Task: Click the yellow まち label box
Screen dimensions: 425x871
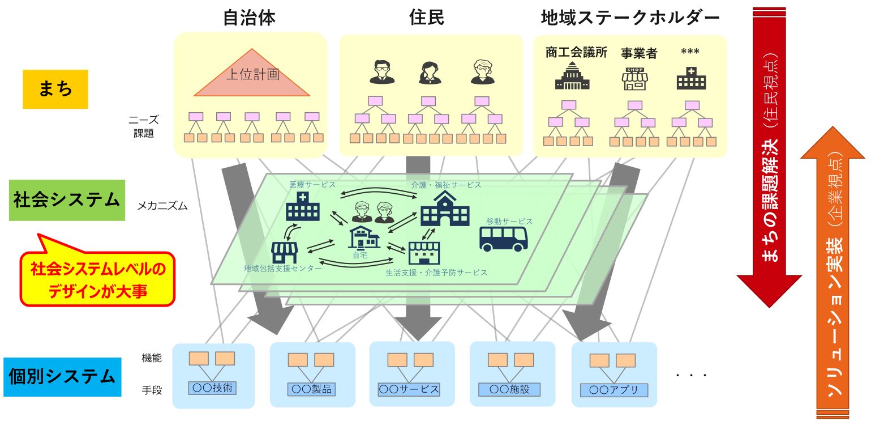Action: pyautogui.click(x=55, y=89)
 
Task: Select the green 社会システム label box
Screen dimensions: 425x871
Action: pyautogui.click(x=67, y=200)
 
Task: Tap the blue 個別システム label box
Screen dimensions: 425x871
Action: pyautogui.click(x=62, y=377)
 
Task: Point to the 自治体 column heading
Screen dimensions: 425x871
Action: pyautogui.click(x=249, y=18)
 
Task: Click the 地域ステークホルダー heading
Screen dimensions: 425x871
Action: pyautogui.click(x=630, y=18)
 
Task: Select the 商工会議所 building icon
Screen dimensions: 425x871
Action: pyautogui.click(x=572, y=76)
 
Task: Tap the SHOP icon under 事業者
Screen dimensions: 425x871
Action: pyautogui.click(x=634, y=79)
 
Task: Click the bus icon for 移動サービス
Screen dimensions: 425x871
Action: pyautogui.click(x=503, y=238)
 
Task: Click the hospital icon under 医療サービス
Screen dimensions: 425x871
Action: pyautogui.click(x=302, y=206)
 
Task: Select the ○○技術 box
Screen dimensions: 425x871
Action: pyautogui.click(x=212, y=388)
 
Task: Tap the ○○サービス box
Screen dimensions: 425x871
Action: pyautogui.click(x=409, y=389)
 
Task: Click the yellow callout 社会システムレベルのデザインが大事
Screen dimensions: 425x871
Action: pyautogui.click(x=97, y=279)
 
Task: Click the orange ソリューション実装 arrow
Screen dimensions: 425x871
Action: pyautogui.click(x=833, y=272)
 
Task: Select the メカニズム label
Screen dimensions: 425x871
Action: pyautogui.click(x=162, y=206)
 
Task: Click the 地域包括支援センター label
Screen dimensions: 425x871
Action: pyautogui.click(x=282, y=268)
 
